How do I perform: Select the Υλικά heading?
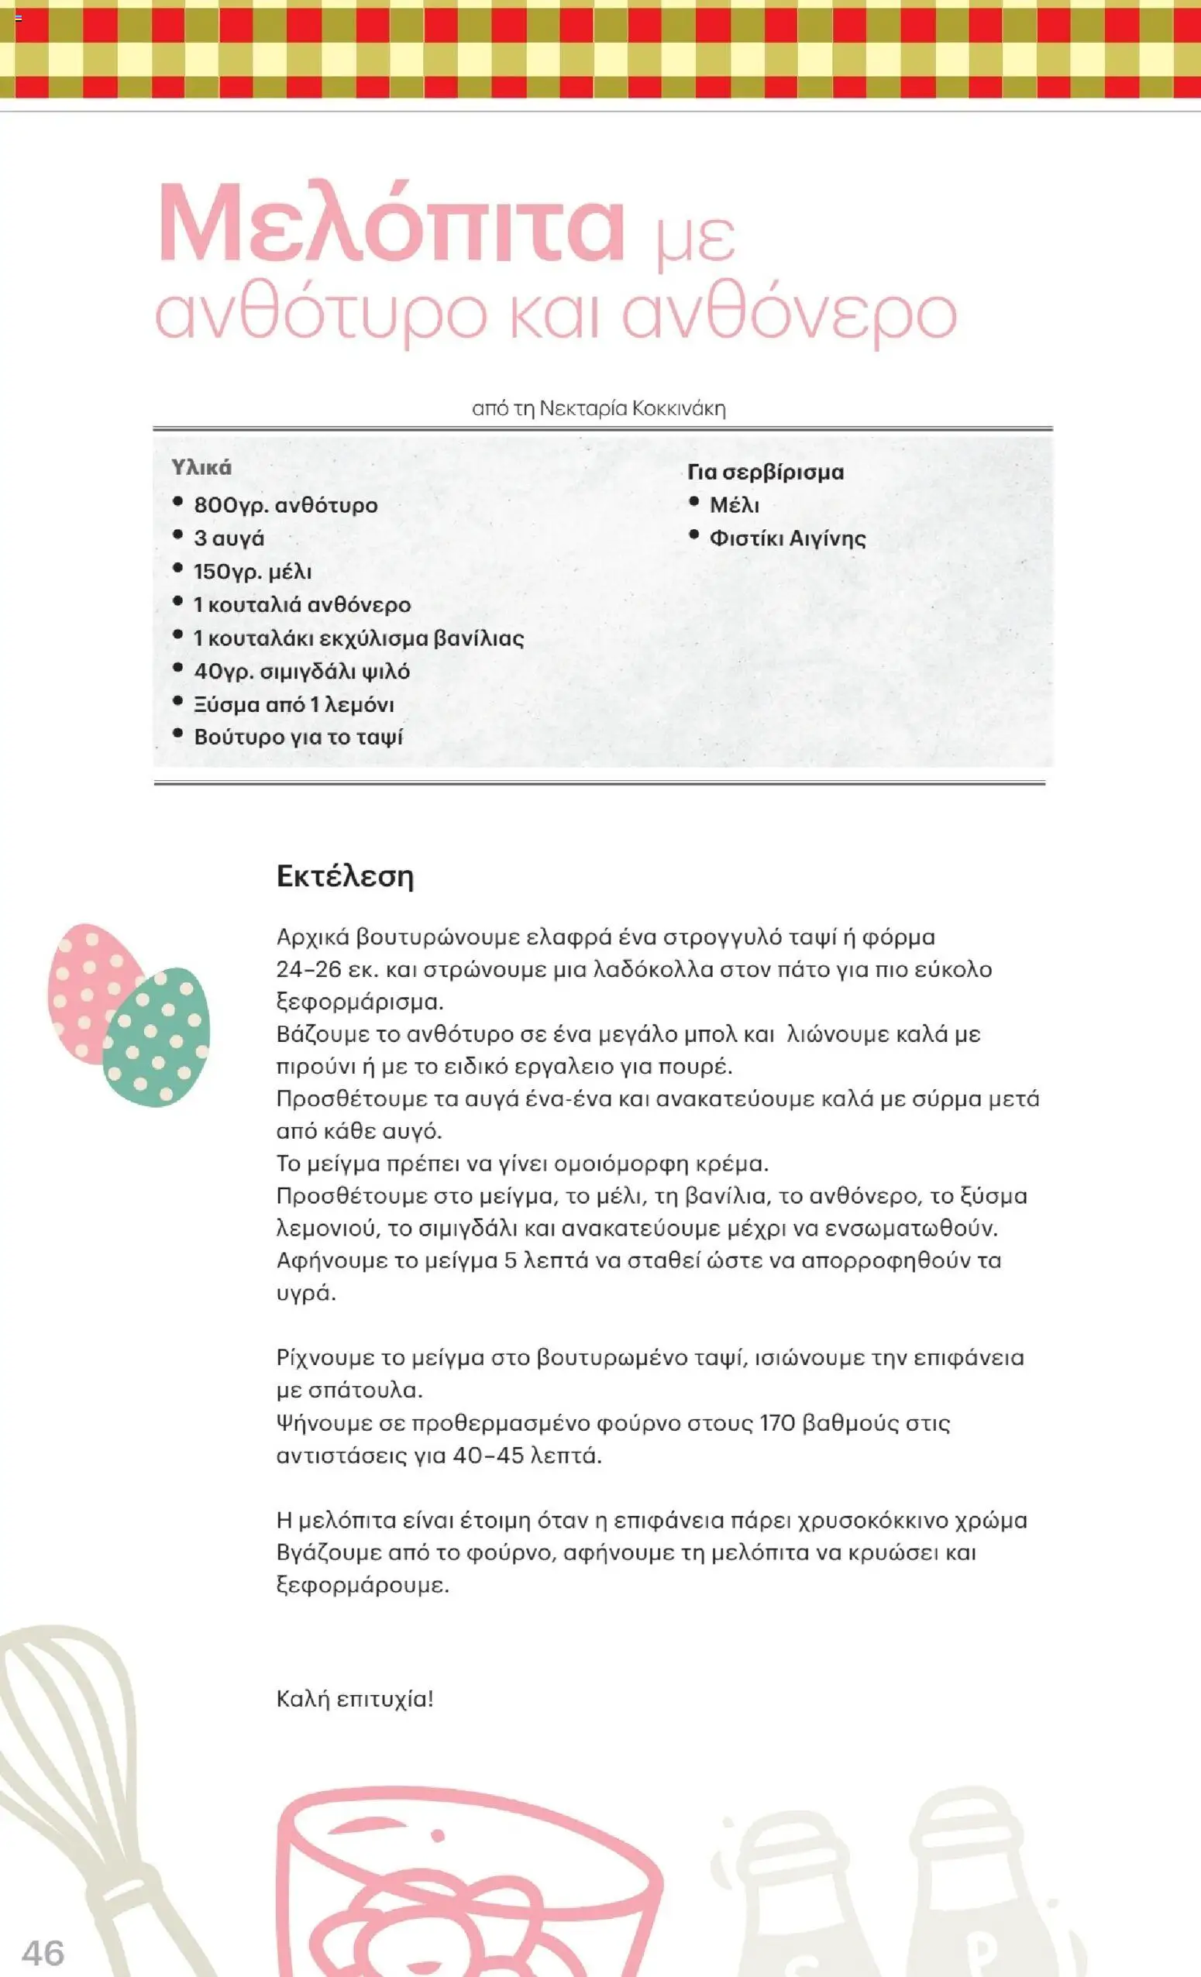[x=201, y=467]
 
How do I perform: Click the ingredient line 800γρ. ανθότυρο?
[x=286, y=505]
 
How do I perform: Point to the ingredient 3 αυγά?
[x=229, y=538]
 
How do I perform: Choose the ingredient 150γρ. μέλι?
[x=253, y=572]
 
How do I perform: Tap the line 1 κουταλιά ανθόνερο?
[x=301, y=605]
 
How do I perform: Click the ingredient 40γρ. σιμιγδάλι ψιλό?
[x=301, y=672]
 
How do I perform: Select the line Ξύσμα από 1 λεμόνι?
[x=294, y=704]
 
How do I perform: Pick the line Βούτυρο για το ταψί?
[x=298, y=737]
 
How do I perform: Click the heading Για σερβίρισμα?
[x=766, y=472]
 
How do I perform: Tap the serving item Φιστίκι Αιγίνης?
[x=787, y=538]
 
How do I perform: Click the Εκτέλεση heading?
[x=345, y=875]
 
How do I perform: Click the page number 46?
[x=43, y=1952]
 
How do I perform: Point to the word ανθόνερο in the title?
[x=790, y=315]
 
